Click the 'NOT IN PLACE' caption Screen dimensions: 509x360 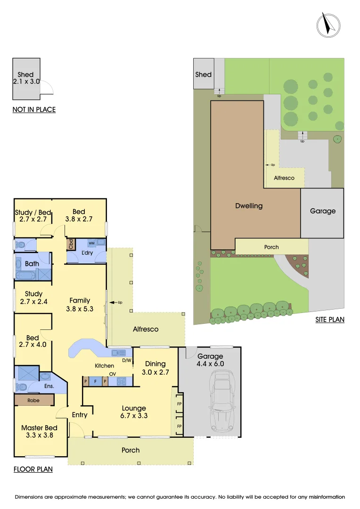pyautogui.click(x=34, y=110)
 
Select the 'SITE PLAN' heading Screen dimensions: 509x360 pyautogui.click(x=330, y=320)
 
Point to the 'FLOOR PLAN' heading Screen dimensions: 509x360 pyautogui.click(x=33, y=469)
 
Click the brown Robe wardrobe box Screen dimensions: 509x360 pyautogui.click(x=34, y=400)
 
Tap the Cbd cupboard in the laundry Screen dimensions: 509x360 pyautogui.click(x=71, y=244)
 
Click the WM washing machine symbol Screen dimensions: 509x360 pyautogui.click(x=91, y=243)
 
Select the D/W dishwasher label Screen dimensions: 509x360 pyautogui.click(x=126, y=361)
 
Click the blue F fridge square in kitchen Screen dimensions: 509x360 pyautogui.click(x=96, y=381)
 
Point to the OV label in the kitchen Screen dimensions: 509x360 pyautogui.click(x=113, y=374)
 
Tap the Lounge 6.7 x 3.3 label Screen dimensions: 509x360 pyautogui.click(x=134, y=412)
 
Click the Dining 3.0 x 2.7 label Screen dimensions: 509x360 pyautogui.click(x=155, y=368)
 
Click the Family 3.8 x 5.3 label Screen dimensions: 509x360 pyautogui.click(x=80, y=304)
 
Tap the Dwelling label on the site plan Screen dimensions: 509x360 pyautogui.click(x=249, y=206)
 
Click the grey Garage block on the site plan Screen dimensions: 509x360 pyautogui.click(x=322, y=212)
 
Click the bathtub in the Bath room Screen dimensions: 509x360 pyautogui.click(x=25, y=275)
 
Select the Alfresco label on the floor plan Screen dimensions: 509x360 pyautogui.click(x=146, y=329)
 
